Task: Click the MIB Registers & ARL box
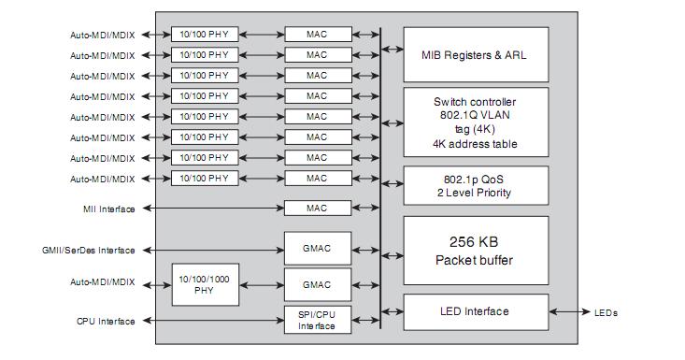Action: click(476, 54)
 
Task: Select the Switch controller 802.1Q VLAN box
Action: click(476, 122)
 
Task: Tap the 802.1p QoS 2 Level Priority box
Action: click(476, 185)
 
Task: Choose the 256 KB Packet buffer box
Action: click(476, 251)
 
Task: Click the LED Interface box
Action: click(476, 311)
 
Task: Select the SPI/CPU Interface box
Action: click(318, 321)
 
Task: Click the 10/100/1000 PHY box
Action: click(204, 284)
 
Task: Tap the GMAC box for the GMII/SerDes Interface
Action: click(318, 250)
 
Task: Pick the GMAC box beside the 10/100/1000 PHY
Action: click(318, 284)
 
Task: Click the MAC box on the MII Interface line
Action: click(318, 209)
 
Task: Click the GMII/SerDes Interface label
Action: click(89, 251)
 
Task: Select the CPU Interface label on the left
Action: click(106, 322)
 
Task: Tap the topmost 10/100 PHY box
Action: click(204, 35)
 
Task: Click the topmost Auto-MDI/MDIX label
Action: click(102, 36)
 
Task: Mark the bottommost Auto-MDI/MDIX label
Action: click(102, 281)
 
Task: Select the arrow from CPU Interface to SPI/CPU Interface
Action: click(210, 321)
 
